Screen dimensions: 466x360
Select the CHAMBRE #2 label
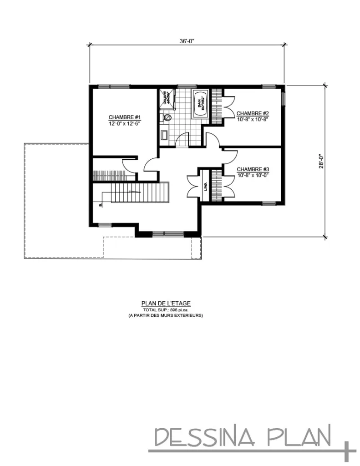pyautogui.click(x=253, y=113)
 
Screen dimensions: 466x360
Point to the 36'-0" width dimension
pyautogui.click(x=187, y=41)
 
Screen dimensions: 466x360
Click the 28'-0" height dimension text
pyautogui.click(x=321, y=161)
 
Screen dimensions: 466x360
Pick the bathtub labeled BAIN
pyautogui.click(x=200, y=105)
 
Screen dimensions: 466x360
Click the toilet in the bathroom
pyautogui.click(x=167, y=117)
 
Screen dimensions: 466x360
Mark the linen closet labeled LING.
pyautogui.click(x=205, y=186)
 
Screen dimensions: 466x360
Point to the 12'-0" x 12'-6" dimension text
pyautogui.click(x=123, y=123)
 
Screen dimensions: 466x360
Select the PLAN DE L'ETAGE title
pyautogui.click(x=166, y=303)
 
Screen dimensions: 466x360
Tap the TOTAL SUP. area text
pyautogui.click(x=166, y=309)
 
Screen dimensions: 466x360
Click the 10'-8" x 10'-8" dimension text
pyautogui.click(x=253, y=119)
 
